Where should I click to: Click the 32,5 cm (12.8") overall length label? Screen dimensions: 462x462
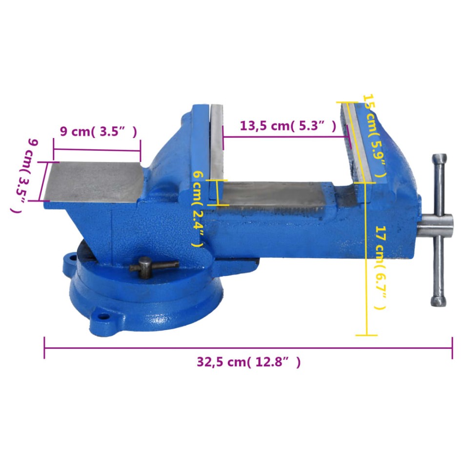pos(248,362)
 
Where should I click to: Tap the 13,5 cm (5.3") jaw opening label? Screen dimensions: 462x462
pos(288,126)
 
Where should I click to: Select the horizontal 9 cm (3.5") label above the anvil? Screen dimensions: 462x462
pos(98,131)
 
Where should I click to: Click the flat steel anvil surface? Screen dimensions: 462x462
pos(93,181)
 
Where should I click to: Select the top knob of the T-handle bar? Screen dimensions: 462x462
pos(440,161)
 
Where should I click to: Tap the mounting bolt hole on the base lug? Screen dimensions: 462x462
pos(103,316)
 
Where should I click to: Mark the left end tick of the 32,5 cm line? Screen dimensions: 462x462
pos(44,347)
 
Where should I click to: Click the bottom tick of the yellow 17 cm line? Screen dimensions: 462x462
pos(366,335)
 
